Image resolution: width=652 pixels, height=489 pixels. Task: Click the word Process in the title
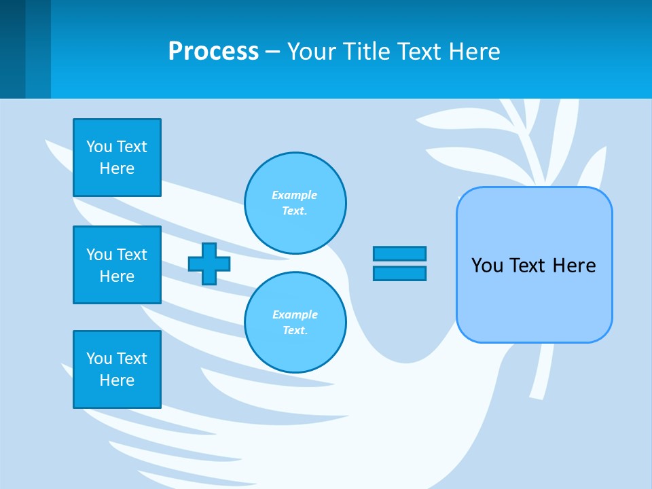click(213, 52)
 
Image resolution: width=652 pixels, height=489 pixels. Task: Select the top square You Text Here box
click(117, 158)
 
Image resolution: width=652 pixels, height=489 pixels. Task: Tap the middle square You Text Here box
click(117, 265)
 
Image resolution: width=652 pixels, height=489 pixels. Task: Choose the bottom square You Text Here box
click(117, 369)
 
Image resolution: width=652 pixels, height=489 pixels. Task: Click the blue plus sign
click(209, 264)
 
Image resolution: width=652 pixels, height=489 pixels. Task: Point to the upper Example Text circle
click(295, 203)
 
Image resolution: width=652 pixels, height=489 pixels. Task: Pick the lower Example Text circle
click(295, 323)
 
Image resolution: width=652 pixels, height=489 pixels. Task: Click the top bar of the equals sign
click(399, 253)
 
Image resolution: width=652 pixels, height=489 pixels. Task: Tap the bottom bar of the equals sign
click(399, 274)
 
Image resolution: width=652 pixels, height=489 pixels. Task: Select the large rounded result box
click(534, 299)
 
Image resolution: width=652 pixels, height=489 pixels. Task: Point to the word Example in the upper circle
click(294, 195)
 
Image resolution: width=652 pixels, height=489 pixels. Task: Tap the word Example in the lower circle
click(295, 314)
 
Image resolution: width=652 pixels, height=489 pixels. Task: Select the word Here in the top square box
click(117, 168)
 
